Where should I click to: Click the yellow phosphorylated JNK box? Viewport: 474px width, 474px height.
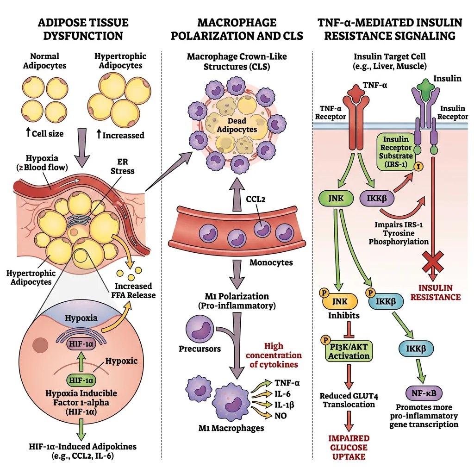(342, 301)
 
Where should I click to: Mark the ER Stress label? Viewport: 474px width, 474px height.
(123, 166)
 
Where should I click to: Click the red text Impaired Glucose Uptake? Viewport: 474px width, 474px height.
(349, 447)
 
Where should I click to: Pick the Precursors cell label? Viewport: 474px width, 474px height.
(200, 349)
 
